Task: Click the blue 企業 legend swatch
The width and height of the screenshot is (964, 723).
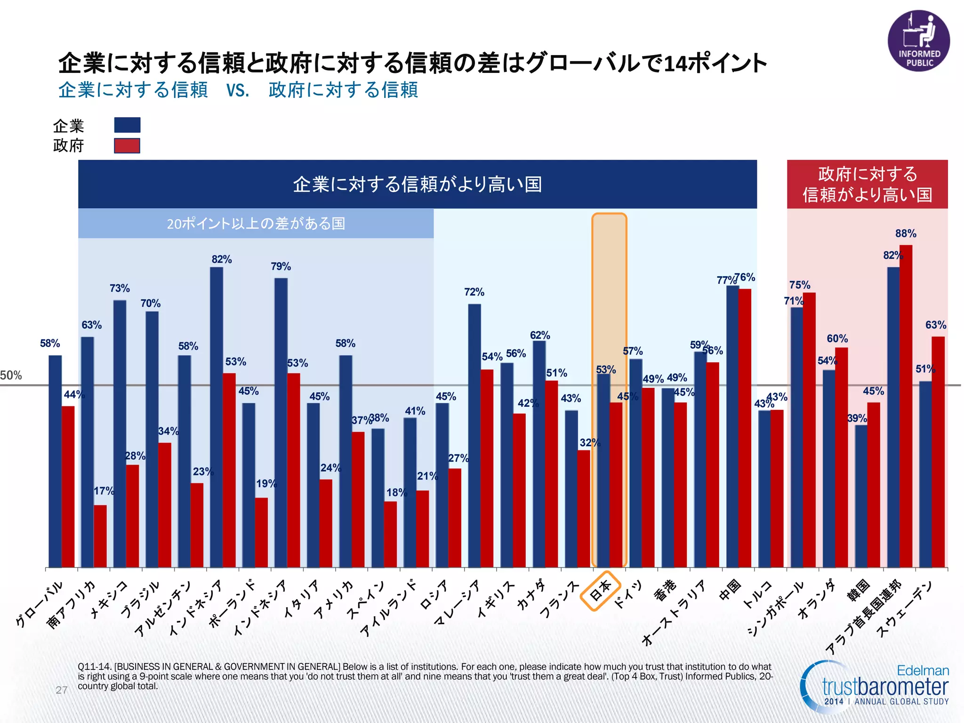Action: [x=127, y=125]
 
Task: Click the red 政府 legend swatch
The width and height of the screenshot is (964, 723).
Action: [x=127, y=146]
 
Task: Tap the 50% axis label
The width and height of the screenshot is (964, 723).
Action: [x=11, y=375]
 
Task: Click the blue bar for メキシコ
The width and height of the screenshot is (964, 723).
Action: [x=120, y=433]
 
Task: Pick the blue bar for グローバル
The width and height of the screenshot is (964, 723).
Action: [x=55, y=461]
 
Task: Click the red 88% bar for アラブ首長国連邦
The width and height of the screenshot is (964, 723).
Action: [x=906, y=405]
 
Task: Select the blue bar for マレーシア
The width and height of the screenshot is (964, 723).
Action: [x=474, y=435]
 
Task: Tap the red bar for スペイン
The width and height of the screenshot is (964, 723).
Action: [x=390, y=534]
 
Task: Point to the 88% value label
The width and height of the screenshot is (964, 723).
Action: [x=906, y=233]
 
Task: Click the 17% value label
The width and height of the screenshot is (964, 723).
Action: [x=104, y=491]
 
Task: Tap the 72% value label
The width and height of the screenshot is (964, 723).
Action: [x=474, y=292]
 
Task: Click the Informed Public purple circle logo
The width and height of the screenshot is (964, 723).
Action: [x=918, y=41]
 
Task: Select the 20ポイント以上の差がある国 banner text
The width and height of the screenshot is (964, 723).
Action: [x=256, y=224]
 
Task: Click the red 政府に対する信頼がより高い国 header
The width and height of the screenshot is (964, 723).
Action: [x=867, y=184]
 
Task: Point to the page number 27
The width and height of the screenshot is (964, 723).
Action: [x=62, y=690]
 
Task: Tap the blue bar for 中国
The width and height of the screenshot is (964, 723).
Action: [x=732, y=426]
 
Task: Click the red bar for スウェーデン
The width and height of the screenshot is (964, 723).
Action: [x=938, y=452]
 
